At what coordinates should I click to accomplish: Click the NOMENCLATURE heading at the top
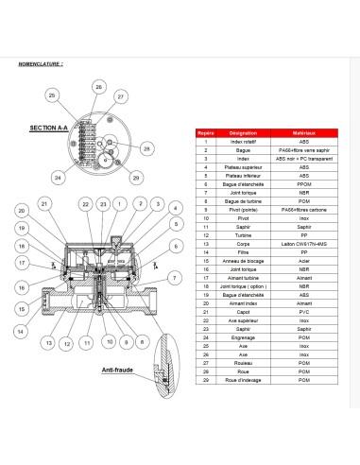42,66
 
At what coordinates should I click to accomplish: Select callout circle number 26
98,87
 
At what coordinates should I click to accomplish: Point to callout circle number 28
146,148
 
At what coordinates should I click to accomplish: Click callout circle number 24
58,177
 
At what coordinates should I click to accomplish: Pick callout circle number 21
44,204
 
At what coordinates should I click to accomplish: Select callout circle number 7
174,277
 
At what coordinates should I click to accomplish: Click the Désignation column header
243,135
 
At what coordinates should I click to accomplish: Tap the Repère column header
205,135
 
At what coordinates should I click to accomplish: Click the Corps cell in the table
243,243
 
